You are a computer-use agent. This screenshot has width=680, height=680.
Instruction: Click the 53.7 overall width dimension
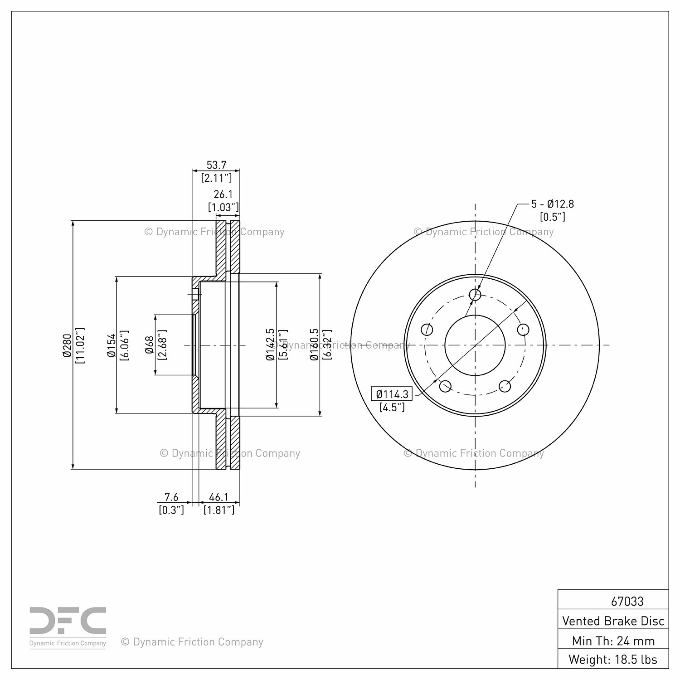pos(216,165)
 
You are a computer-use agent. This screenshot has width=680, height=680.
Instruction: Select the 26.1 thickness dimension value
pos(223,194)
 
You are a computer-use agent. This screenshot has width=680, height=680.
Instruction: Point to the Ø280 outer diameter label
pos(67,345)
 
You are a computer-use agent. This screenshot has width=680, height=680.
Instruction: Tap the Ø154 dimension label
pos(112,345)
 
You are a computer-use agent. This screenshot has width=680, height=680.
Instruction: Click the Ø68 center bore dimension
pos(149,345)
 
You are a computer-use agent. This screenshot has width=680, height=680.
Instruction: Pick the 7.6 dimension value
pos(171,497)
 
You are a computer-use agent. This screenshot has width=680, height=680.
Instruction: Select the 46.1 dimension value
pos(219,497)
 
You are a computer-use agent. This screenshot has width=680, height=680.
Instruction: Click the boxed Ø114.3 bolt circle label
pos(392,394)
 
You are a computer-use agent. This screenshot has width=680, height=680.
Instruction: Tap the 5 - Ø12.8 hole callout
pos(552,204)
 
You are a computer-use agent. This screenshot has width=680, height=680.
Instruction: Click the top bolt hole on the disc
pos(475,295)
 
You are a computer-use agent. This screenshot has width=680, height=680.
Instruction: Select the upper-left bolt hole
pos(427,329)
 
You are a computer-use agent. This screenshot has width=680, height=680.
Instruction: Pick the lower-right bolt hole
pos(505,386)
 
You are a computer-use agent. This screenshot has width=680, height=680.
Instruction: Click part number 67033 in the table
pos(627,601)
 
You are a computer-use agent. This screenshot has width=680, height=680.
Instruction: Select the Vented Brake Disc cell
pos(613,621)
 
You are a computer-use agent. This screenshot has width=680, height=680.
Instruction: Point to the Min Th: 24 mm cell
pos(613,641)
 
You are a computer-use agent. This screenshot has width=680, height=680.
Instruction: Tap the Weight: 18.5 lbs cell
pos(613,659)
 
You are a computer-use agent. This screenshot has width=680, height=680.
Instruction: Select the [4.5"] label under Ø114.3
pos(392,407)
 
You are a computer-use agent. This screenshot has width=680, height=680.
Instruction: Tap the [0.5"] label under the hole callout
pos(553,217)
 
